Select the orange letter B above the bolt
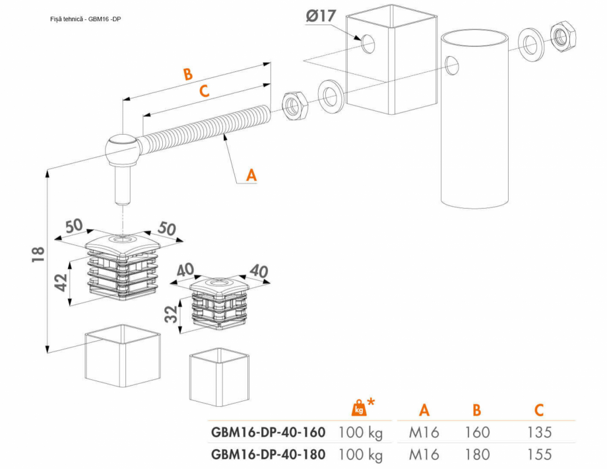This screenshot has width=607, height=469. [x=188, y=73]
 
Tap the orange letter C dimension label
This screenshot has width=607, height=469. [x=205, y=92]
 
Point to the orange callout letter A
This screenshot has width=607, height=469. [x=251, y=175]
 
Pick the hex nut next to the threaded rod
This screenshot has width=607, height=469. [x=293, y=104]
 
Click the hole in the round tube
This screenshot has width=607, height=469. [x=452, y=65]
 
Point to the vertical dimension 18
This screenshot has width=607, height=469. [x=38, y=254]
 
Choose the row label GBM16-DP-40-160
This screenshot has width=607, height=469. [x=268, y=433]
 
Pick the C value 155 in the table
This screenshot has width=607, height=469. [x=538, y=454]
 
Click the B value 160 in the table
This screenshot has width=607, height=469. [x=476, y=433]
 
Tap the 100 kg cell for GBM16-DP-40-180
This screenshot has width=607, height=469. [x=360, y=454]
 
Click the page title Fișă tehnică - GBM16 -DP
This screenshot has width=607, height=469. [x=85, y=19]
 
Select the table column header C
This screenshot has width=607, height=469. [x=538, y=410]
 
